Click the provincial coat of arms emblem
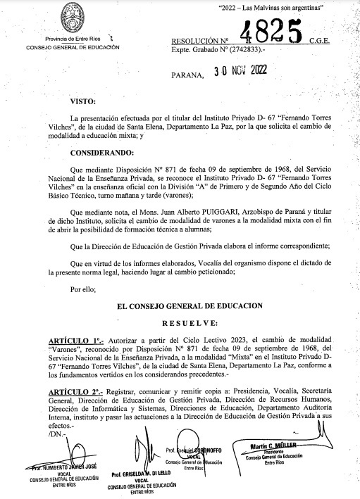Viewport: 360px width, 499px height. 73,17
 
